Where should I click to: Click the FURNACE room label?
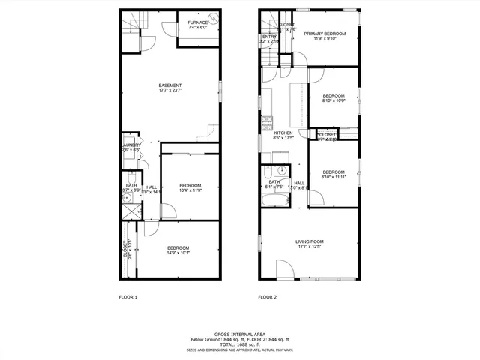(x=196, y=23)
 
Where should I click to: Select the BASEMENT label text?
(x=169, y=85)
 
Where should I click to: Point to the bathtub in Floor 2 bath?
(x=275, y=201)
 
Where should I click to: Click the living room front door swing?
(x=286, y=268)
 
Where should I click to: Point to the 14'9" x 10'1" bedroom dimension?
(x=178, y=253)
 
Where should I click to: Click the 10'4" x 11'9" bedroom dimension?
(x=190, y=190)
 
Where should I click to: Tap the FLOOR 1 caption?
(x=128, y=298)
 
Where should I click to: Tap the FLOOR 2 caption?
(x=268, y=298)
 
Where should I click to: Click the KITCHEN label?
(x=283, y=133)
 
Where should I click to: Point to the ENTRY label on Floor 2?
(x=269, y=36)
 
